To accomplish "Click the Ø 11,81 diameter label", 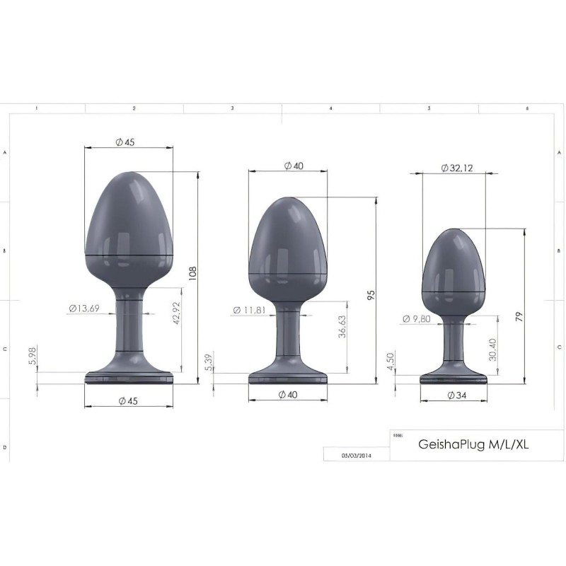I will click(251, 309).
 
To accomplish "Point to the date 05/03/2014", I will click(356, 456).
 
